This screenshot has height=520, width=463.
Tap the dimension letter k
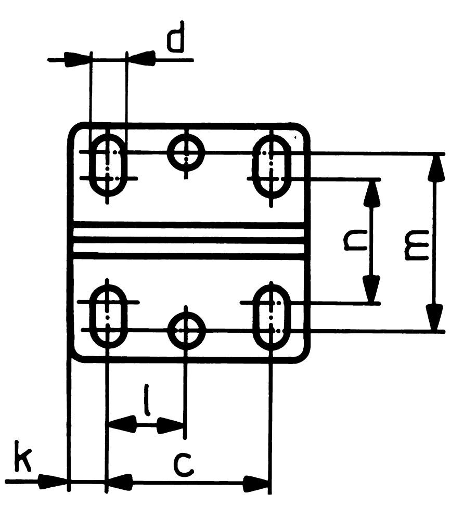(21, 457)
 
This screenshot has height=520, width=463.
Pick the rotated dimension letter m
(416, 244)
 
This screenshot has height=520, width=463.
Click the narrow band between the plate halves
(188, 240)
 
